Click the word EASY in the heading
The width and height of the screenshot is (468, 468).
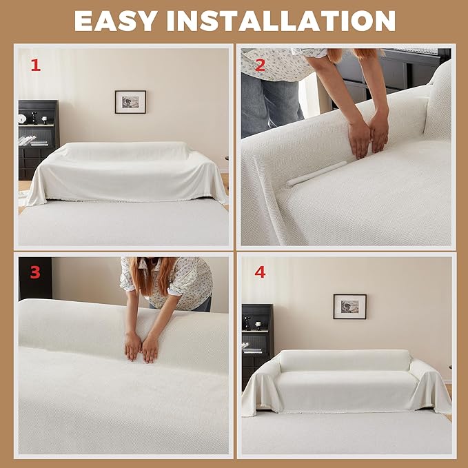click(x=116, y=21)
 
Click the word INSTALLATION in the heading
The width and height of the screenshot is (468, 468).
click(x=281, y=21)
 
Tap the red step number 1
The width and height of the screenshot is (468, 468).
click(x=36, y=65)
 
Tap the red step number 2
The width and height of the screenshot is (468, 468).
click(x=260, y=65)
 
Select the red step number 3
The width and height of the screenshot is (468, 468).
click(x=35, y=272)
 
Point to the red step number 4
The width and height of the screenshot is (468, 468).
click(x=260, y=272)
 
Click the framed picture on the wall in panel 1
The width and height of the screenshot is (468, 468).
click(x=130, y=102)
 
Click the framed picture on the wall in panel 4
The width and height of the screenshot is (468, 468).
click(x=350, y=307)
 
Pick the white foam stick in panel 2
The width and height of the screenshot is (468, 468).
click(x=316, y=174)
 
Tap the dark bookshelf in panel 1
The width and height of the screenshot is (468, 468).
click(x=38, y=139)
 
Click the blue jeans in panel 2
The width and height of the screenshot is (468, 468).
click(x=270, y=105)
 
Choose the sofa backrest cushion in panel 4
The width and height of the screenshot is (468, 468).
click(x=345, y=360)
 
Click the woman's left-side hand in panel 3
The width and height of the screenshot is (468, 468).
click(x=133, y=346)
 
